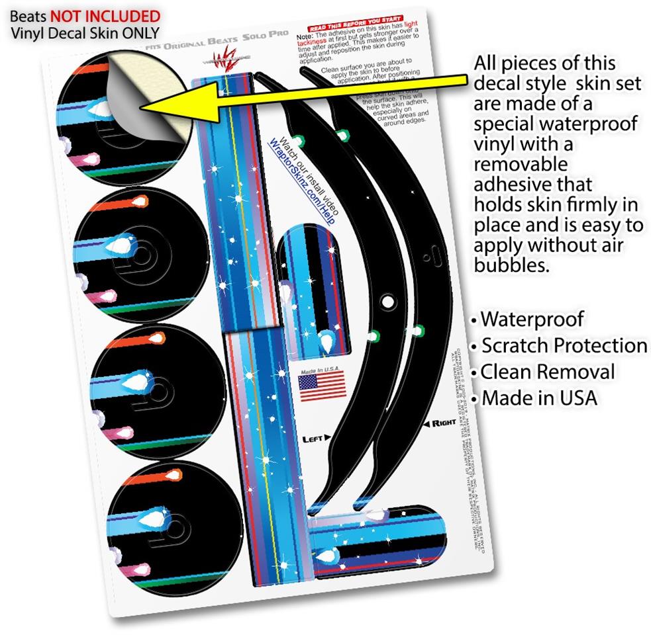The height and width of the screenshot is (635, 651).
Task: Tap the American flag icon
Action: coord(322,385)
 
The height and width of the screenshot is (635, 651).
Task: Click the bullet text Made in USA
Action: coord(539,398)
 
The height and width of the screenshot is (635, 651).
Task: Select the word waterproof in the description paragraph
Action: coord(588,124)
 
